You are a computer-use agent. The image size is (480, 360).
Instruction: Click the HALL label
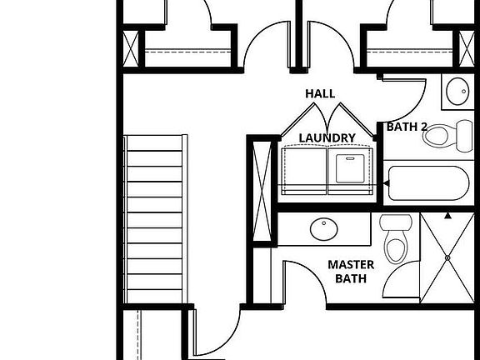pos(320,93)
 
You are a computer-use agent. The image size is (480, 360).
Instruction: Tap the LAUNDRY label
pos(327,138)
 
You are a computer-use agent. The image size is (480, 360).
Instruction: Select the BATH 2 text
pos(407,127)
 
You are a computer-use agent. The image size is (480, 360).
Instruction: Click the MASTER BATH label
pos(351,272)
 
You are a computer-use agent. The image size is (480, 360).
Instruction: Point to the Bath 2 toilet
pos(448,136)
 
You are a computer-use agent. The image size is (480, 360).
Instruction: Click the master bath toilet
pos(396,238)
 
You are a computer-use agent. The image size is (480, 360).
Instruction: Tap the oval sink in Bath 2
pos(457,91)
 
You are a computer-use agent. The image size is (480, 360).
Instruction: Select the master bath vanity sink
pos(324,229)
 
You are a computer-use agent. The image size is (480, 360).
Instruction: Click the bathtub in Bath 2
pos(428,183)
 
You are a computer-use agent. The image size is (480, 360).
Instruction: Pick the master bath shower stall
pos(447,257)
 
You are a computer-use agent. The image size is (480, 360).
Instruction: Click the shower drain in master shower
pos(447,257)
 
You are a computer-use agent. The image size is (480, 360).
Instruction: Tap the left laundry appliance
pos(304,171)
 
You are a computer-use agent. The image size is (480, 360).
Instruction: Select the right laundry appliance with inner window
pos(351,171)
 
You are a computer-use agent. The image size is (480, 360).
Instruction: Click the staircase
pos(155,219)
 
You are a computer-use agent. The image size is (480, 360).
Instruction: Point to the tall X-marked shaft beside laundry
pos(262,192)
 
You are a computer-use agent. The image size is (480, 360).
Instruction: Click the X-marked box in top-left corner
pos(130,49)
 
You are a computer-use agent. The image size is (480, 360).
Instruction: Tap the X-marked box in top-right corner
pos(467,49)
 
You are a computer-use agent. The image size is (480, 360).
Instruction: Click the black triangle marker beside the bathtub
pos(387,183)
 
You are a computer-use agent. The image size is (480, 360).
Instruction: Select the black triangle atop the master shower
pos(447,216)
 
